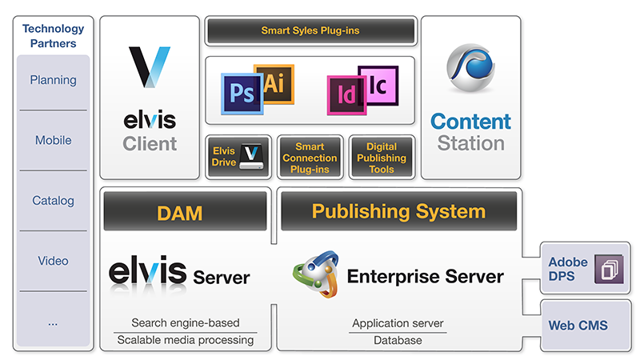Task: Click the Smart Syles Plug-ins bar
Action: pyautogui.click(x=310, y=31)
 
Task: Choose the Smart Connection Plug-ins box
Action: pyautogui.click(x=310, y=157)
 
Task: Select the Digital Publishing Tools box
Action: pyautogui.click(x=382, y=157)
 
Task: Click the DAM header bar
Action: pyautogui.click(x=185, y=212)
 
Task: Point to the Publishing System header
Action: pyautogui.click(x=398, y=211)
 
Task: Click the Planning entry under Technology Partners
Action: pyautogui.click(x=53, y=80)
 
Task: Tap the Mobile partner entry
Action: pyautogui.click(x=53, y=140)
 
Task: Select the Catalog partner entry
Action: pyautogui.click(x=53, y=200)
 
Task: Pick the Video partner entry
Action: pyautogui.click(x=53, y=261)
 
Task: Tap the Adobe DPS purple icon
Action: pyautogui.click(x=607, y=269)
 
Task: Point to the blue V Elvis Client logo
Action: pyautogui.click(x=150, y=67)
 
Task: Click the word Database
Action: pyautogui.click(x=398, y=341)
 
